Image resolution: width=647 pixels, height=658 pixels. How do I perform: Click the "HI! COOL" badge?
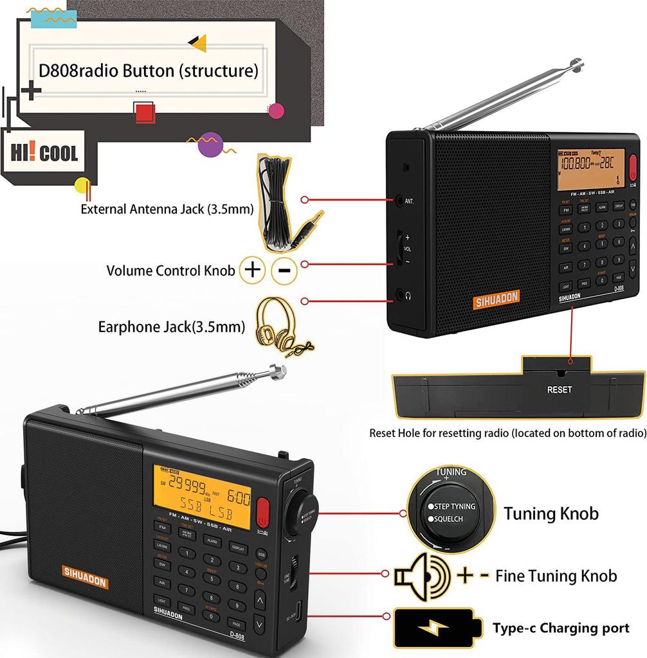pyautogui.click(x=44, y=154)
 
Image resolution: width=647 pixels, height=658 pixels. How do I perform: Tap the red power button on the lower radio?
pyautogui.click(x=262, y=511)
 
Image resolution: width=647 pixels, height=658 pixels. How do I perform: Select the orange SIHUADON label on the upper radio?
pyautogui.click(x=497, y=299)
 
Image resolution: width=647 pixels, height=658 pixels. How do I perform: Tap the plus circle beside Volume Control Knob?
pyautogui.click(x=253, y=270)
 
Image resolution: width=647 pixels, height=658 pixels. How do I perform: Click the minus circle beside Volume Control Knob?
pyautogui.click(x=284, y=270)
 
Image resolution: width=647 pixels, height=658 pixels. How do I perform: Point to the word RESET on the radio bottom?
pyautogui.click(x=559, y=389)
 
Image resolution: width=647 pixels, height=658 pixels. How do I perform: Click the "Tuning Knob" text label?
pyautogui.click(x=551, y=513)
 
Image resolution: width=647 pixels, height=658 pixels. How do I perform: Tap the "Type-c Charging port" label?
pyautogui.click(x=560, y=628)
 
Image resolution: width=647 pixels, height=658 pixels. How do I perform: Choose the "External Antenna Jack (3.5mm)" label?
pyautogui.click(x=167, y=209)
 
